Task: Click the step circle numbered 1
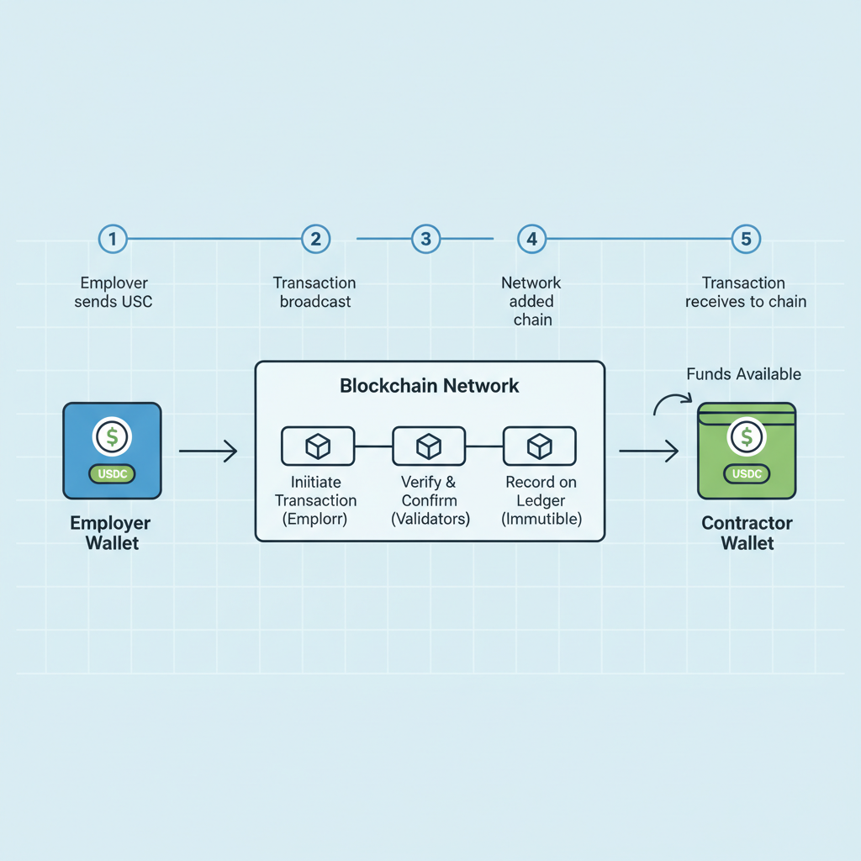[x=113, y=239]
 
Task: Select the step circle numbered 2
[x=315, y=239]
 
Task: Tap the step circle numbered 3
[x=426, y=239]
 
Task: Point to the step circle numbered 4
[x=531, y=239]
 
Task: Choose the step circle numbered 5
[x=746, y=239]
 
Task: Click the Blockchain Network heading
[x=430, y=387]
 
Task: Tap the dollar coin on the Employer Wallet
[x=112, y=436]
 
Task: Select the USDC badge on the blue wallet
[x=112, y=474]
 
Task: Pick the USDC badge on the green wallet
[x=747, y=474]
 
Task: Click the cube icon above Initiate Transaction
[x=318, y=446]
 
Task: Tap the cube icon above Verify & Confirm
[x=429, y=446]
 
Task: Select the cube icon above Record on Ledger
[x=539, y=446]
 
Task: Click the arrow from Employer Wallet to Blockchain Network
[x=209, y=452]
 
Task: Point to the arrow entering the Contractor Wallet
[x=648, y=452]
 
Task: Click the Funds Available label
[x=743, y=374]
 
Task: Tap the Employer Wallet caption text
[x=110, y=533]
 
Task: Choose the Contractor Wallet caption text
[x=747, y=533]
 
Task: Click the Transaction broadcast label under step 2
[x=314, y=292]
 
